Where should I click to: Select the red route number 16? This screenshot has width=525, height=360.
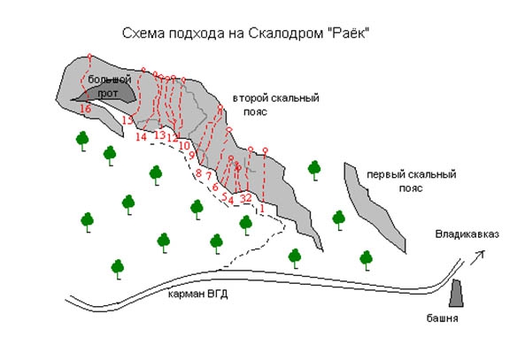point(85,109)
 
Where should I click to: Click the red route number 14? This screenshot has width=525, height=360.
point(142,136)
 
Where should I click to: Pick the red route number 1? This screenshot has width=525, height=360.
point(261,209)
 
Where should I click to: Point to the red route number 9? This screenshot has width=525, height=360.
point(191,156)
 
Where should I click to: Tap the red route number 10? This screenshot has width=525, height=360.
point(185,145)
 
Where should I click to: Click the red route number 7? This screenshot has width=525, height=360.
point(208,175)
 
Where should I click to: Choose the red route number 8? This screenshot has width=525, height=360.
point(198,172)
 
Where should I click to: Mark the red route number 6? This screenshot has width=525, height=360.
point(215,188)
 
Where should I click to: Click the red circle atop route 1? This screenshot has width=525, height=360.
point(265,149)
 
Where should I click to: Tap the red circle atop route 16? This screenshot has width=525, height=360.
point(91,58)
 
